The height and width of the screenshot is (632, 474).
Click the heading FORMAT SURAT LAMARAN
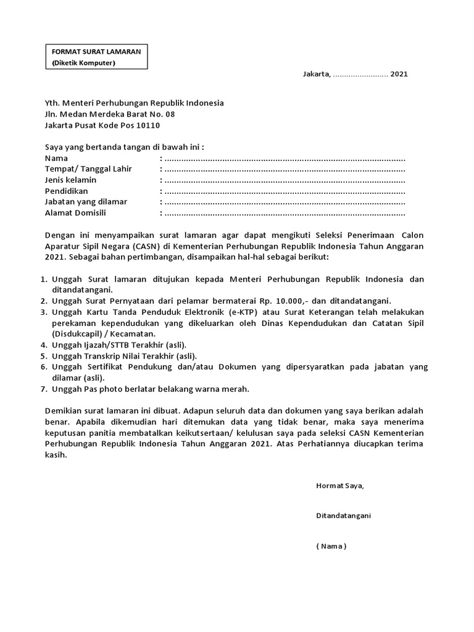tap(96, 51)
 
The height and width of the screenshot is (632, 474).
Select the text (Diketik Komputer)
tap(83, 62)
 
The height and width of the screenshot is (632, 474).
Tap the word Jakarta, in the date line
tap(317, 74)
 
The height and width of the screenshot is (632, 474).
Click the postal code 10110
tap(148, 125)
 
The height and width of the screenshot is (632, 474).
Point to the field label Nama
tap(57, 158)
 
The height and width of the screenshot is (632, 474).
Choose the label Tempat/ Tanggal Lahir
tap(88, 169)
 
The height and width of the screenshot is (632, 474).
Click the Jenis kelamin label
tap(71, 180)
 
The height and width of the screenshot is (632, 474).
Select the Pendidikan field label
tap(67, 191)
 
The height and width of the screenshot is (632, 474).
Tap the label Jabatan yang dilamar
tap(86, 202)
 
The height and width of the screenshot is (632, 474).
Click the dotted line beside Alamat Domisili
tap(284, 214)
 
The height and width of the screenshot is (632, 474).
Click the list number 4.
tap(43, 345)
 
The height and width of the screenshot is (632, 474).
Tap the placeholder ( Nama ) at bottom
tap(331, 546)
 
